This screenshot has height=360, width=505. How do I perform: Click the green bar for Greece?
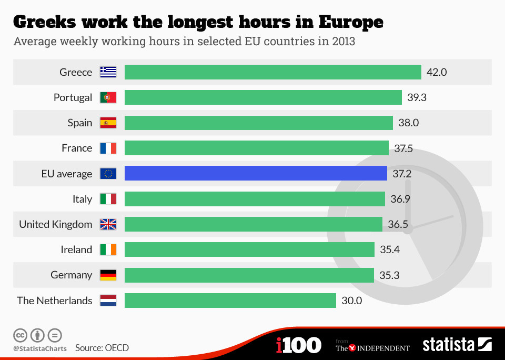272,72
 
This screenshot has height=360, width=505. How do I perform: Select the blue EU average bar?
256,173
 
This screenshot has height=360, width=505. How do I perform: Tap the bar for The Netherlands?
230,301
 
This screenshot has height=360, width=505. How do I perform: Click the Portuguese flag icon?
108,97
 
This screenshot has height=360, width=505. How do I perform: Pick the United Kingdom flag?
108,224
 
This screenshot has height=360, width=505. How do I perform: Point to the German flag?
108,275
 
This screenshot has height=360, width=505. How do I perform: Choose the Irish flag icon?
108,249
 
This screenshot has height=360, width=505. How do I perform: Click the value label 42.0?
437,72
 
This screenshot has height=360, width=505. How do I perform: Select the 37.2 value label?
401,173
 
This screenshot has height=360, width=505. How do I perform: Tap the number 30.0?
352,301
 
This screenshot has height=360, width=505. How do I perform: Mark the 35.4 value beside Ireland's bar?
390,249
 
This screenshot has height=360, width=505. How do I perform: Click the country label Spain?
79,123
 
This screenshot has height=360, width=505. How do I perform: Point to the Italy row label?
82,199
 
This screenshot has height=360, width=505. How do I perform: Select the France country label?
77,148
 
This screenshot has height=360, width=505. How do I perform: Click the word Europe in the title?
351,22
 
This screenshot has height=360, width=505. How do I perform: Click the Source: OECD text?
102,348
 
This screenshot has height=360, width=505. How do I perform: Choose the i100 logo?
298,345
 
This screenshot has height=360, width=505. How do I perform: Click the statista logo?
457,345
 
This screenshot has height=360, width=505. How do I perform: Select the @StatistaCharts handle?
40,348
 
